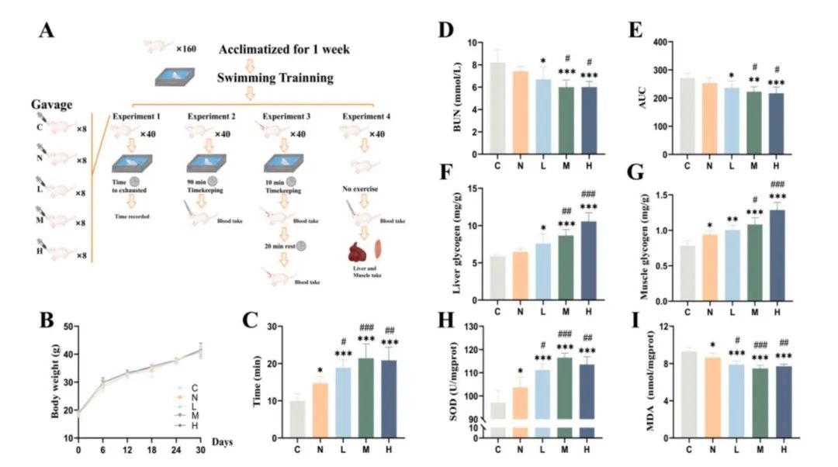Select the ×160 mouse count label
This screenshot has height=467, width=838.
(186, 49)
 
